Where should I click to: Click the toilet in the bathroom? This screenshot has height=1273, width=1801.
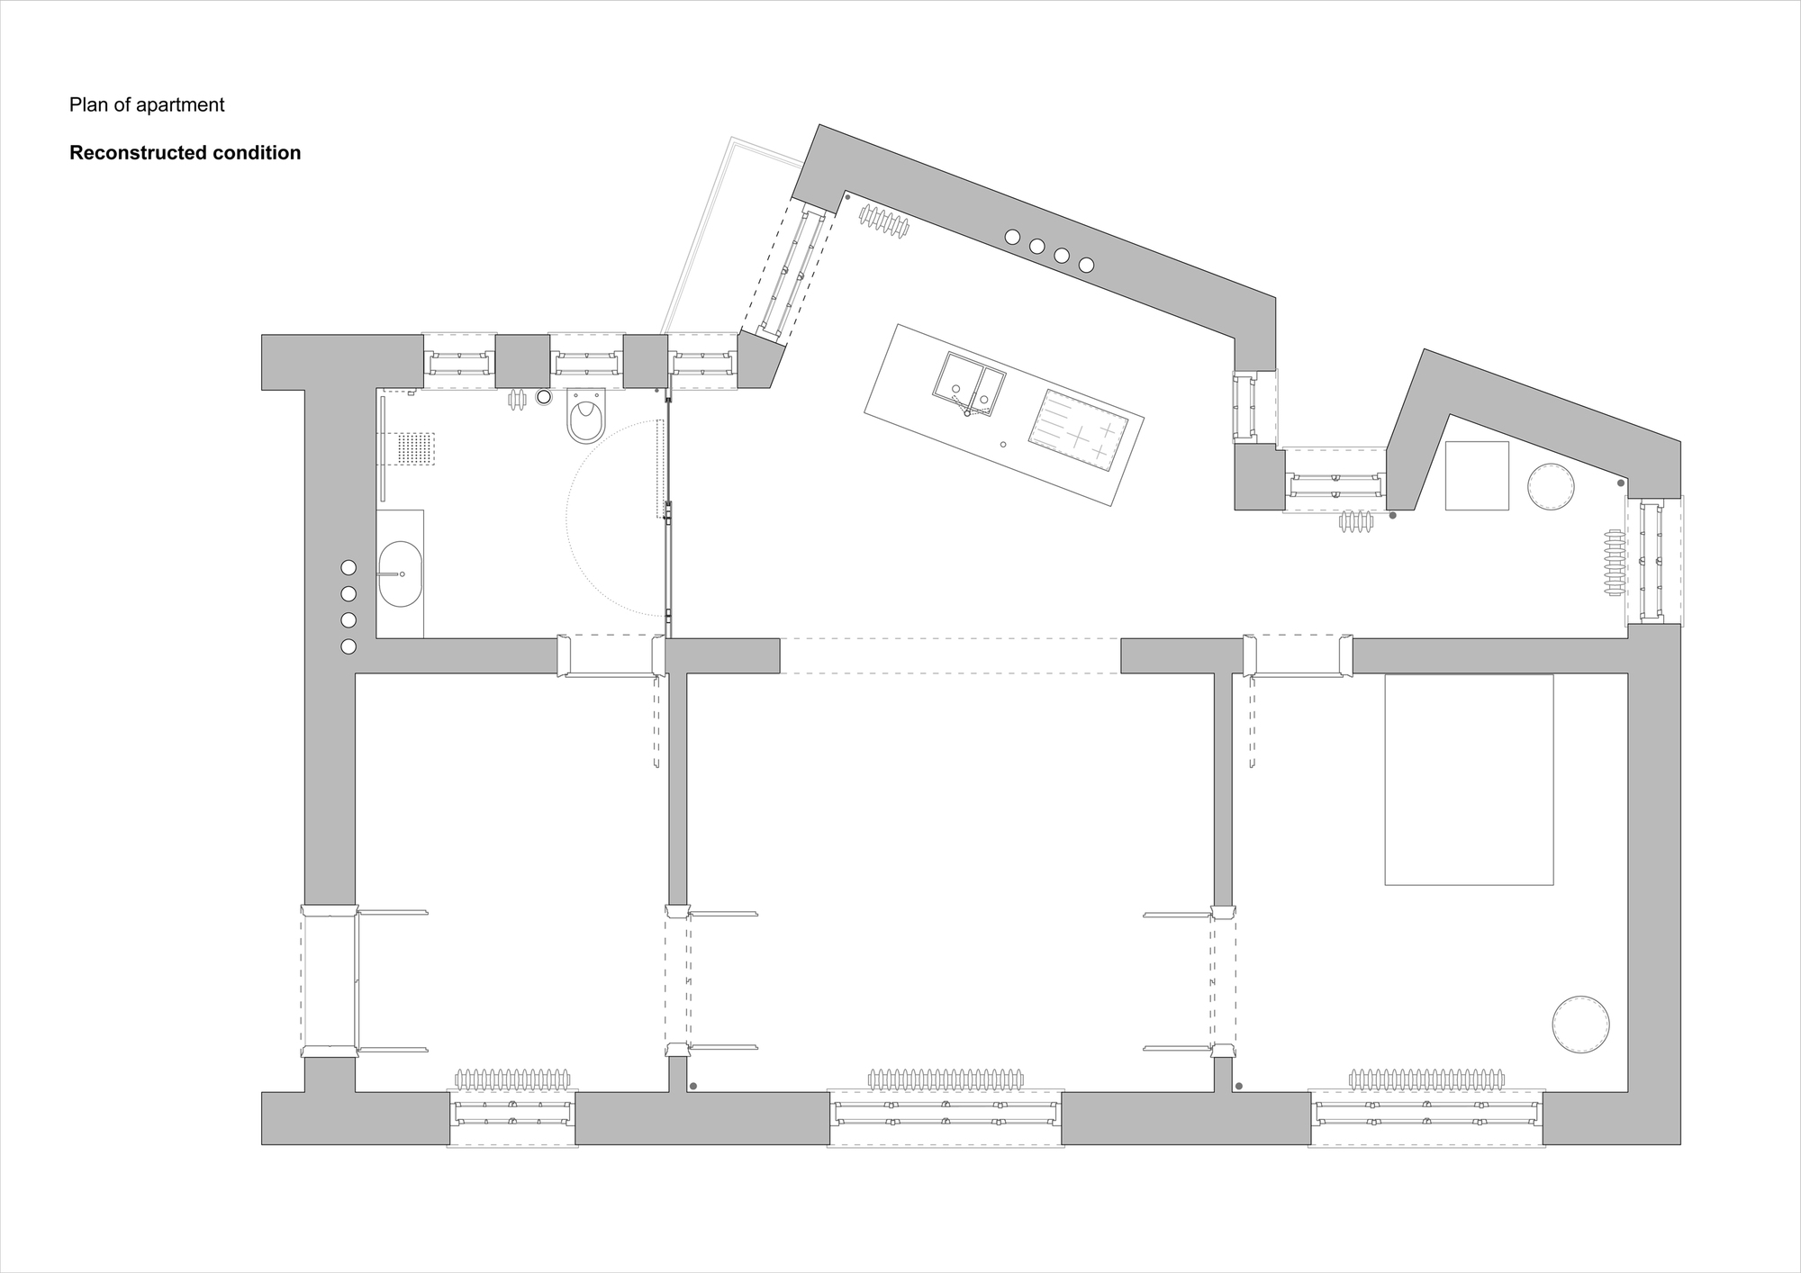586,417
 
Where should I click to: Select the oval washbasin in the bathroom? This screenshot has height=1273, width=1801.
400,573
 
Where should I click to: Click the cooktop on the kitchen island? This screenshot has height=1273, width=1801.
1079,431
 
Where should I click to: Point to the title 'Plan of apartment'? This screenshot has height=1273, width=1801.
147,104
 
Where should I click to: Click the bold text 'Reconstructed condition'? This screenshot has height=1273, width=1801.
185,153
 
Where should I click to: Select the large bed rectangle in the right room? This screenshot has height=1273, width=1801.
1469,780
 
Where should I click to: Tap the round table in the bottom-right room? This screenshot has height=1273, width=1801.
1580,1024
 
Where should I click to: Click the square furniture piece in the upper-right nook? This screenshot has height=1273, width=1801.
1477,475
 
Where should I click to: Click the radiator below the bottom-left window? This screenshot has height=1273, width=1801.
512,1079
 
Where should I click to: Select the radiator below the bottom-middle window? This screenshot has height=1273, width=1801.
946,1079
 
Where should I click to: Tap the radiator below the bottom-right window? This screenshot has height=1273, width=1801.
1426,1079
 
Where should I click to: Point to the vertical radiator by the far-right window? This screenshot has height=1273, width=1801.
1613,562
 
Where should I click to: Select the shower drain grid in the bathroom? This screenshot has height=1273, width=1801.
415,448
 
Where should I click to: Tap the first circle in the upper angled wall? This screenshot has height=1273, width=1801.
1012,237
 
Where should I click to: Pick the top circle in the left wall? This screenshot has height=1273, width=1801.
348,568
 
